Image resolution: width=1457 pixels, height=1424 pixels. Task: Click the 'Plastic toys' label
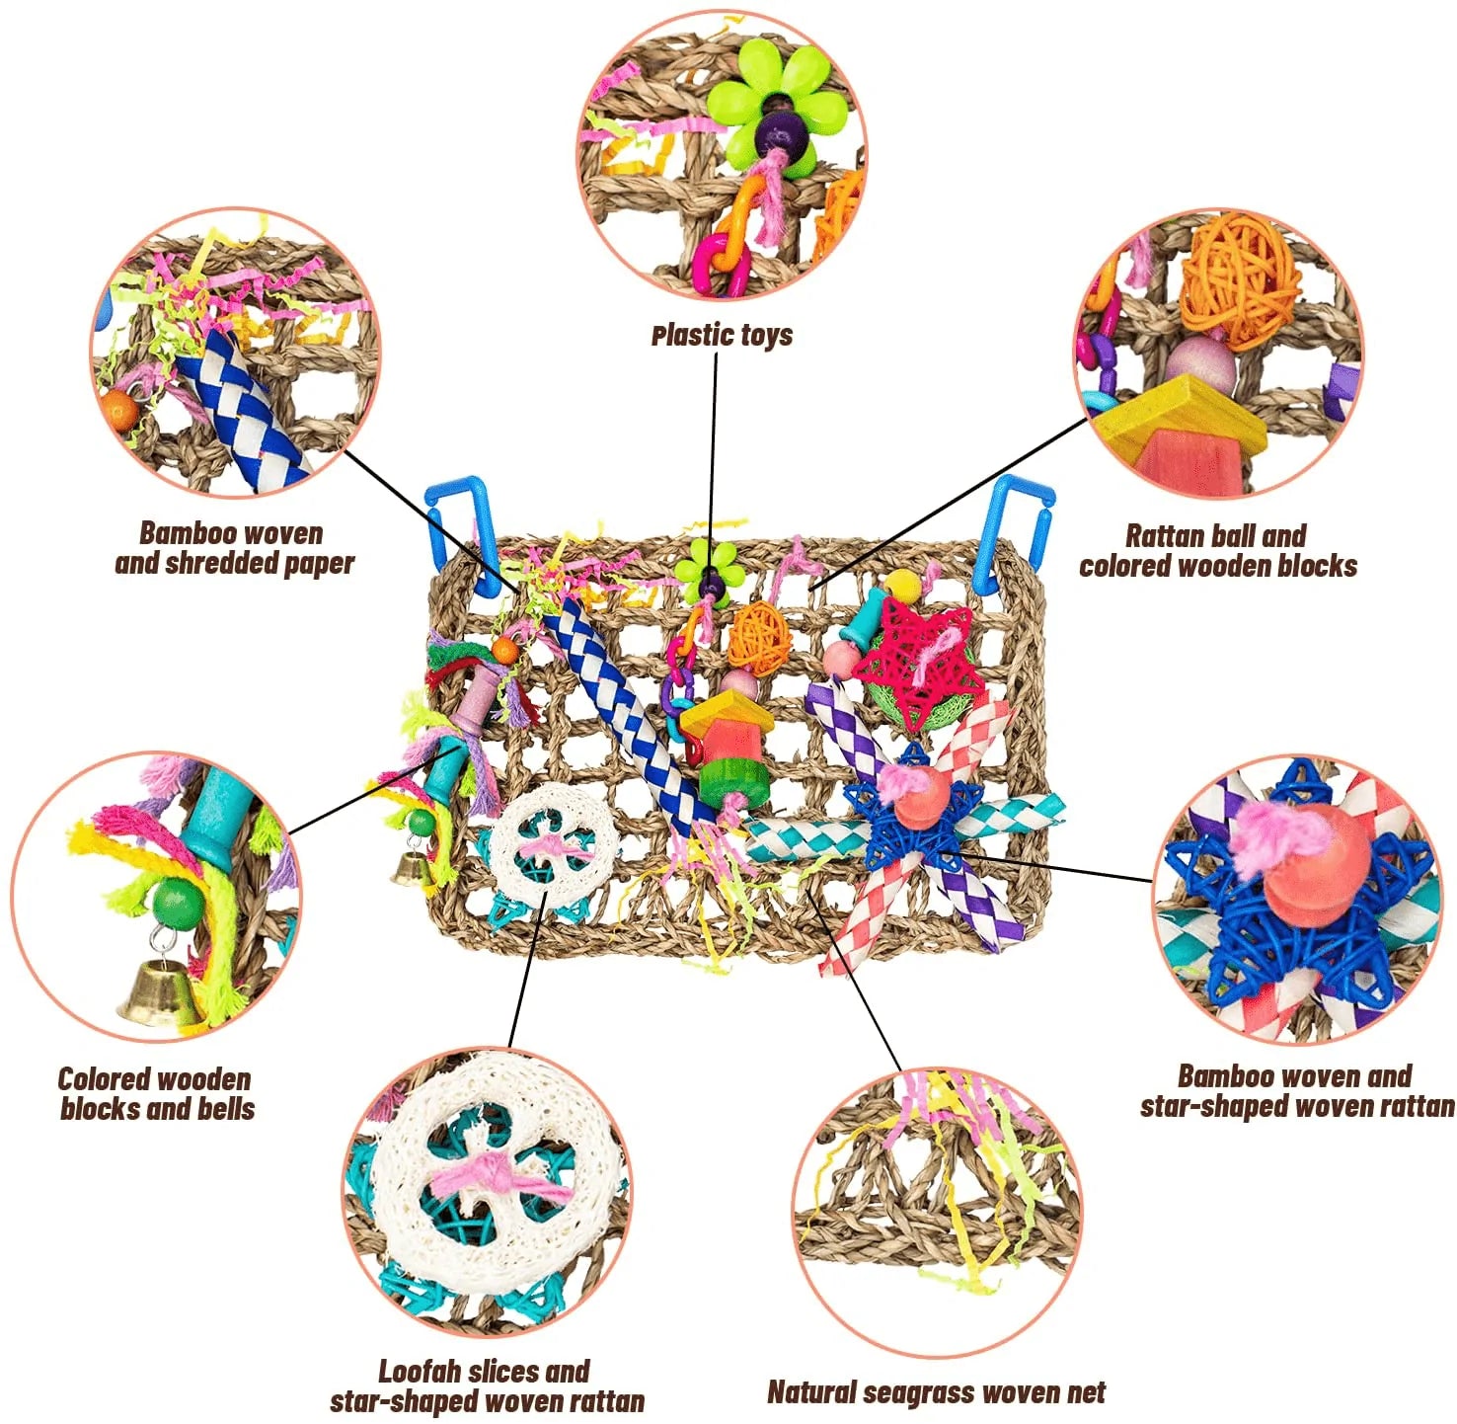(x=722, y=336)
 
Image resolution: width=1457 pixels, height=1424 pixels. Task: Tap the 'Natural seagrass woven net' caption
(x=936, y=1392)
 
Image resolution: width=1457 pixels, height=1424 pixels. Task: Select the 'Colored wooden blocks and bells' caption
(x=156, y=1093)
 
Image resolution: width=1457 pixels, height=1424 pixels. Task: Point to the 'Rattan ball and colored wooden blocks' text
(x=1217, y=551)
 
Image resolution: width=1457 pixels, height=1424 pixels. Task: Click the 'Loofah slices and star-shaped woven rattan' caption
(x=486, y=1385)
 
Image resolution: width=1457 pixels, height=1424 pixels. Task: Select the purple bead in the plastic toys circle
(x=778, y=128)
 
